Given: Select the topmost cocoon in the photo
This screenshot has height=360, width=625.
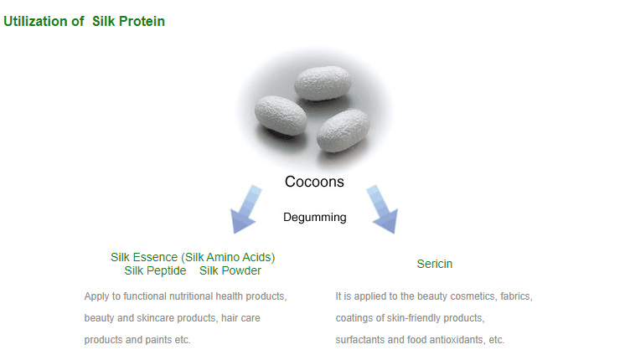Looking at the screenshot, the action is click(x=323, y=83).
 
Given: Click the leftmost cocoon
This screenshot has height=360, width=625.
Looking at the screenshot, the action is click(x=280, y=116).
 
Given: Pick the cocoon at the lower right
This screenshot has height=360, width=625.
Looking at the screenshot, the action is click(x=343, y=131).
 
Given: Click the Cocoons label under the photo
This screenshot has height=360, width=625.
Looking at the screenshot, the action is click(x=314, y=182).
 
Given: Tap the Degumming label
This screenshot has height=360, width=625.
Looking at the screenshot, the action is click(x=315, y=218).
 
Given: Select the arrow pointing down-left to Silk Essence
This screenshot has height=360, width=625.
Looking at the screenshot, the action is click(x=245, y=209).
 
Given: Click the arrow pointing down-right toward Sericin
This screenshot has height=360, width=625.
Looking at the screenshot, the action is click(x=383, y=209).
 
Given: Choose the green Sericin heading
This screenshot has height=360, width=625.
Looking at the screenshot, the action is click(x=435, y=264).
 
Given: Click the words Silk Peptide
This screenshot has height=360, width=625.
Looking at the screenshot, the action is click(x=155, y=270).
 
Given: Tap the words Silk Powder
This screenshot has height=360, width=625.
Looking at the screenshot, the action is click(x=230, y=270).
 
